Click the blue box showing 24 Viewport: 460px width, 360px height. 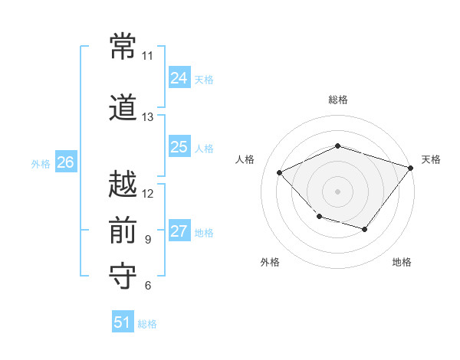tap(179, 78)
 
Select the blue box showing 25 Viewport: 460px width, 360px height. tap(179, 147)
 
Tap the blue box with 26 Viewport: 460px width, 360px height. tap(65, 162)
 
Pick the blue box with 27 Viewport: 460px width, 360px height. tap(179, 231)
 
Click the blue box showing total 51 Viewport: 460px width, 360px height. tap(123, 322)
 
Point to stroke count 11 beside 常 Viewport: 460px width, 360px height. tap(147, 56)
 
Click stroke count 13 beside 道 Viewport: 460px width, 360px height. tap(147, 117)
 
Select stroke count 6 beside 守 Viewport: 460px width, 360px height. tap(147, 286)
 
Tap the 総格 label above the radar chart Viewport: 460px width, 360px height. tap(337, 100)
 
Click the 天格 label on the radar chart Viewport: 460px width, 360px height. tap(431, 159)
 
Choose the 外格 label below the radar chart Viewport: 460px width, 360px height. tap(270, 262)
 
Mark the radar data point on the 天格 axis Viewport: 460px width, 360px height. tap(410, 168)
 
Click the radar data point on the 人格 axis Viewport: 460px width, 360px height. tap(280, 172)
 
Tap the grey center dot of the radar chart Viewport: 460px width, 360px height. tap(337, 191)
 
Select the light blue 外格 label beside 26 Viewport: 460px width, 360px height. tap(41, 164)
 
